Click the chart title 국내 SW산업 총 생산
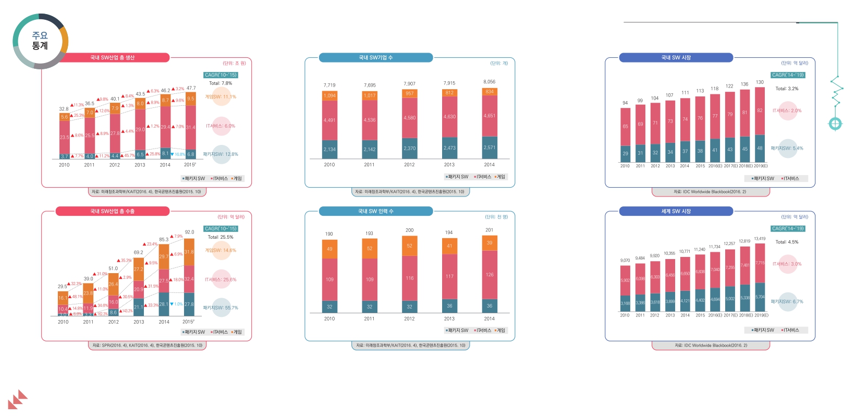112,58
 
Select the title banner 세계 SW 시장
676,211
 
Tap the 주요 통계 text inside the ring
40,41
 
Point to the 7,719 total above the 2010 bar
329,85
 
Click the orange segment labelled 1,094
329,95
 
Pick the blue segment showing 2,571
490,148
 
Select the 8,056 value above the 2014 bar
490,82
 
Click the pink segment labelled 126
490,275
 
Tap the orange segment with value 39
490,243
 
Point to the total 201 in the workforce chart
490,230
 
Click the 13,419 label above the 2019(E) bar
760,239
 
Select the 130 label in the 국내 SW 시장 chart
760,82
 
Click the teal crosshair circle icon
835,124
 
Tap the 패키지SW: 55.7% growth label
221,308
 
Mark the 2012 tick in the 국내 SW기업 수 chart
409,165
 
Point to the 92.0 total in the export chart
189,232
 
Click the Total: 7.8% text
221,83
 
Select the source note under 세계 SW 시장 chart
711,346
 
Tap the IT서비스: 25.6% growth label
221,280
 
